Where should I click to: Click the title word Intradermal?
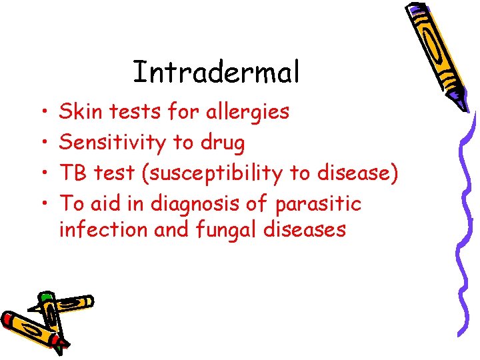[216, 72]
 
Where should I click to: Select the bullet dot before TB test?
[41, 173]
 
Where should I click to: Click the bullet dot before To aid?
[41, 203]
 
